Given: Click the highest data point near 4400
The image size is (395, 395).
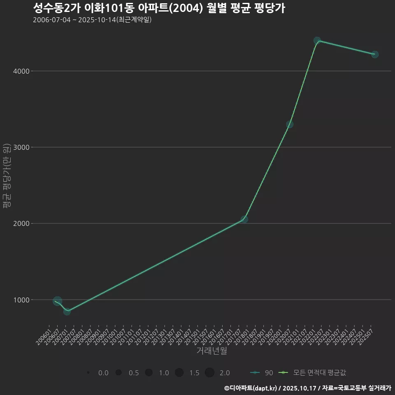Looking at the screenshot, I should pos(317,41).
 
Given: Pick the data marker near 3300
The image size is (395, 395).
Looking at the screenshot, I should pos(290,124).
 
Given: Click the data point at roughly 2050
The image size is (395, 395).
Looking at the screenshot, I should pos(244,219).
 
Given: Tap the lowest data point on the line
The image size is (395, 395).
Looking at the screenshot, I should pos(67,311).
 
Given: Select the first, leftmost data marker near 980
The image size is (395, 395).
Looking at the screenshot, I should pos(58,301).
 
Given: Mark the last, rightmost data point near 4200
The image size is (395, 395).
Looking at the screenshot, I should pos(375,54).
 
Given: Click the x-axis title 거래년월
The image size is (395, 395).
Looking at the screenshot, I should pos(211,351).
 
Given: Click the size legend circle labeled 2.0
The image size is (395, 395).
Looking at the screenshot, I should pos(209,372).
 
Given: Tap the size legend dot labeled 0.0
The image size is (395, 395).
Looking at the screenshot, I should pos(88,373).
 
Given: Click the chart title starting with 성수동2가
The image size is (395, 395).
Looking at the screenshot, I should pos(159,8).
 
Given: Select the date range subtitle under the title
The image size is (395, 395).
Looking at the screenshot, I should pos(92,20).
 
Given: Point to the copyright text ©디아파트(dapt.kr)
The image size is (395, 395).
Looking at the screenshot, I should pos(251,388).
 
